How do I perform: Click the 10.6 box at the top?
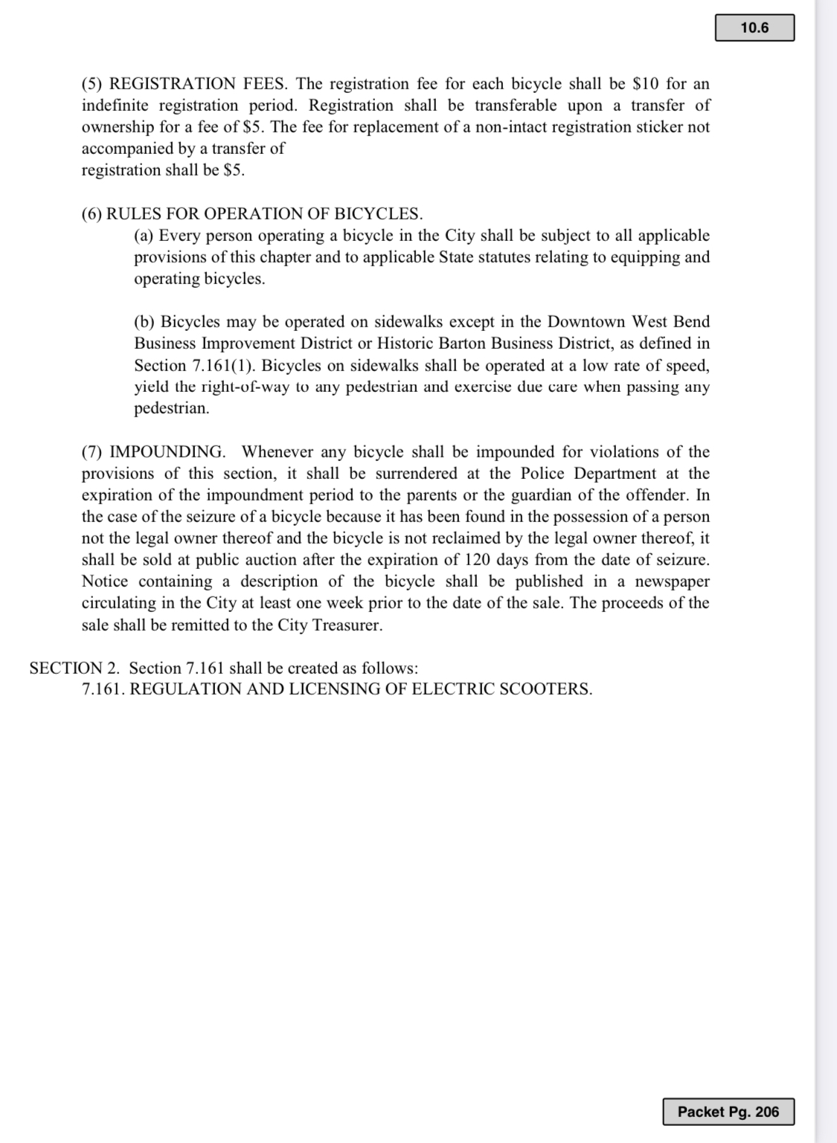pos(754,28)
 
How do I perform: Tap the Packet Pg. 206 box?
pos(728,1112)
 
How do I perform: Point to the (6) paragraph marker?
pos(92,213)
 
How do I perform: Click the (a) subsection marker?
pos(144,236)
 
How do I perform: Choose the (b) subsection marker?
pos(144,322)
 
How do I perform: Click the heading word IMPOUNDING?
pos(167,452)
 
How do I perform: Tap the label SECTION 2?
pos(74,668)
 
